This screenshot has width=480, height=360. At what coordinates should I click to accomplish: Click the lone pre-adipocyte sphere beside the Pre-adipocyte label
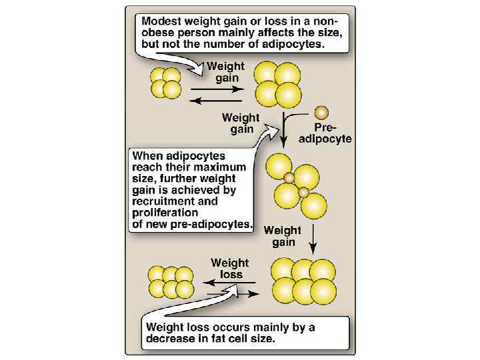(x=322, y=111)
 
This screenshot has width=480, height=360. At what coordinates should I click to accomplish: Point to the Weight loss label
(x=230, y=268)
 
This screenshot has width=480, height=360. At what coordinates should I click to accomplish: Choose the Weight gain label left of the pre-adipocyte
(x=242, y=123)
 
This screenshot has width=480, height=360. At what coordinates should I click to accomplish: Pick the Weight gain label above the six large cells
(x=283, y=236)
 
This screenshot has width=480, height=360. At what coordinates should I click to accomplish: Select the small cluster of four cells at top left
(x=166, y=82)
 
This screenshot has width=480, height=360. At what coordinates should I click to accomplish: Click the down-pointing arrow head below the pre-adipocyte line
(x=285, y=142)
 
